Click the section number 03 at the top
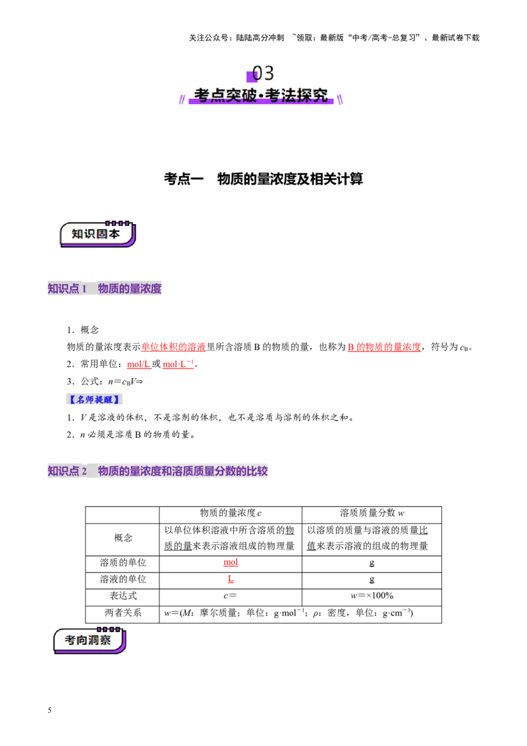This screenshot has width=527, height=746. [x=263, y=73]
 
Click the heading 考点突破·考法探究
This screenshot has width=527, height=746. [x=261, y=95]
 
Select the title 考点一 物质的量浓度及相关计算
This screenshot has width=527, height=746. [x=263, y=179]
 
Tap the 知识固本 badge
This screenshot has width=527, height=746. [x=97, y=234]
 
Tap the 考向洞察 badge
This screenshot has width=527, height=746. [x=90, y=641]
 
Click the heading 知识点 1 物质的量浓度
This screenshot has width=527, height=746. [x=105, y=288]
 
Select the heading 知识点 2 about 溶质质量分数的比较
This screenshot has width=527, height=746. [x=157, y=471]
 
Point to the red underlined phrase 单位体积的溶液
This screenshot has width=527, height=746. [x=173, y=347]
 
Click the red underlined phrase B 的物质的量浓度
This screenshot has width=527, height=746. [x=384, y=347]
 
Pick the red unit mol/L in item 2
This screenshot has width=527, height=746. [x=139, y=364]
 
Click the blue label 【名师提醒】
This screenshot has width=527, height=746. [x=94, y=399]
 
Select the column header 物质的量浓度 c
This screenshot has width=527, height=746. [x=231, y=513]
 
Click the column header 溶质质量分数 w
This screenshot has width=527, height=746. [x=372, y=513]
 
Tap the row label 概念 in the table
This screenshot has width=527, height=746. [x=123, y=538]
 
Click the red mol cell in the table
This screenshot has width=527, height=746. [x=231, y=562]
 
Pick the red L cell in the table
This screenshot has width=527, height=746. [x=231, y=579]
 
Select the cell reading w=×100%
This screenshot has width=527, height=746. [x=372, y=596]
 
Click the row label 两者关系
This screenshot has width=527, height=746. [x=123, y=613]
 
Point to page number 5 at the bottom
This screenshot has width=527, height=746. [x=49, y=710]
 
